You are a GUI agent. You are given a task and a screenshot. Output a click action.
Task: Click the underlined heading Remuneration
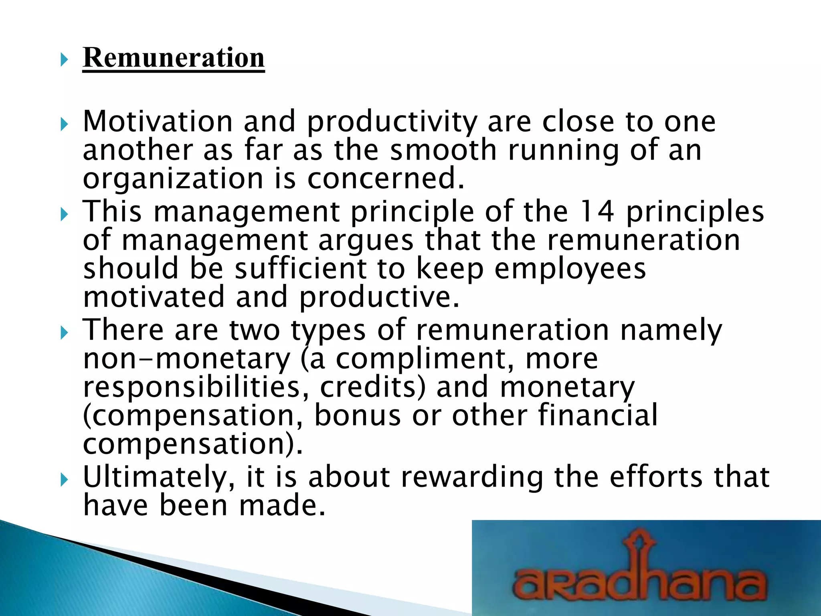click(x=173, y=58)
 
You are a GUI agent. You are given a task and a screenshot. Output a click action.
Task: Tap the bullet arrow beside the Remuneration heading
click(x=64, y=61)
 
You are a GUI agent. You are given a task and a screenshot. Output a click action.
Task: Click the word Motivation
click(x=158, y=122)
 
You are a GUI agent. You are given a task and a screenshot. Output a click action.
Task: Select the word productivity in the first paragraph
click(x=392, y=122)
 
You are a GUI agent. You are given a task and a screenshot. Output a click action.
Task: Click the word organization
click(x=173, y=179)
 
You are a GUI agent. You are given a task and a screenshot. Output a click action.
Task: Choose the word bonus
click(x=357, y=415)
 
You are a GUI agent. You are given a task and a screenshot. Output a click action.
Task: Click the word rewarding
click(x=472, y=478)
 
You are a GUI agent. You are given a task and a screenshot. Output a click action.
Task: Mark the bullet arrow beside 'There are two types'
click(x=64, y=333)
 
